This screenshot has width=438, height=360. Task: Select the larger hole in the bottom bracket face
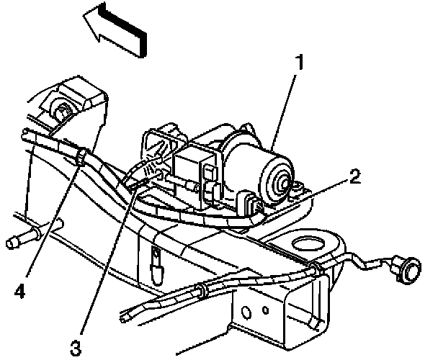pos(244,313)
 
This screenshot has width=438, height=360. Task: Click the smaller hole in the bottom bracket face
pos(267,311)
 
